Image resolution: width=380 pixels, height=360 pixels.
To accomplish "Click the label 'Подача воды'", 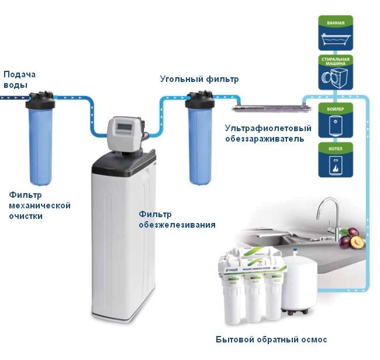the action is [19, 79].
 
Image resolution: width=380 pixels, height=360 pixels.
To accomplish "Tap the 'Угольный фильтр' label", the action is [199, 78].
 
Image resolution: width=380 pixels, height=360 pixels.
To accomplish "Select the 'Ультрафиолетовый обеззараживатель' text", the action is [268, 133].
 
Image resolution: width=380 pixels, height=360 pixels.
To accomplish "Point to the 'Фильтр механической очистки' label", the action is [40, 205].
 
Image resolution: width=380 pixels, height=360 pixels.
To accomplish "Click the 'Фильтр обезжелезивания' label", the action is [177, 220].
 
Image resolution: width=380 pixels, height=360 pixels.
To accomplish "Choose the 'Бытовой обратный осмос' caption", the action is [271, 340].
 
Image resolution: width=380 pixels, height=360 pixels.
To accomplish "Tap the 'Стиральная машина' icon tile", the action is [336, 72].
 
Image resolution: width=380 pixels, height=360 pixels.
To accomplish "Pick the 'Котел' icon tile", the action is [336, 159].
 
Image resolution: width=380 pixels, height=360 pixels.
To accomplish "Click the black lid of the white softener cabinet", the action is [124, 159].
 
